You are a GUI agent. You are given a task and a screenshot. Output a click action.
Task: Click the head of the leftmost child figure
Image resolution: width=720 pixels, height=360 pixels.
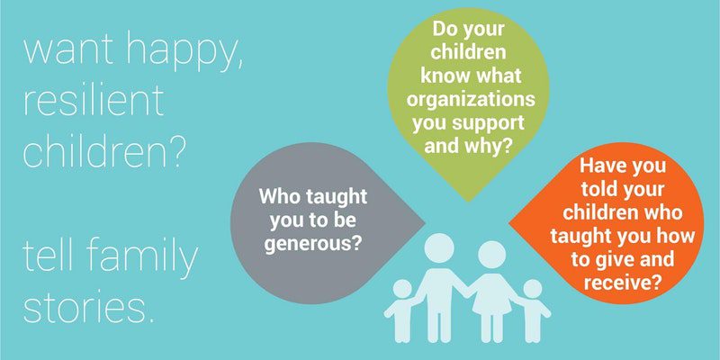401,289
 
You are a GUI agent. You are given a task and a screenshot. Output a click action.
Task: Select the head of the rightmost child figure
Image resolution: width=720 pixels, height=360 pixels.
532,289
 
